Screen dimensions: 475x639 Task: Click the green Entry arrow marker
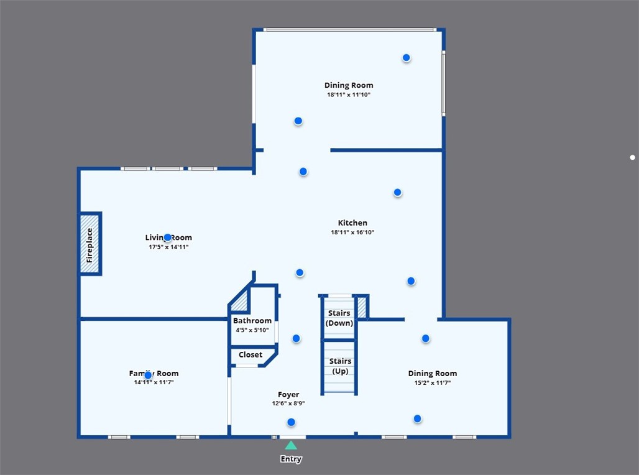pyautogui.click(x=291, y=445)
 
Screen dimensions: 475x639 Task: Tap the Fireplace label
pyautogui.click(x=90, y=245)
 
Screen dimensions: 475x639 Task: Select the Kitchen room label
pyautogui.click(x=352, y=223)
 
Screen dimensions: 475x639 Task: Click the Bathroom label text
pyautogui.click(x=252, y=321)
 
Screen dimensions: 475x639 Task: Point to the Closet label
pyautogui.click(x=251, y=355)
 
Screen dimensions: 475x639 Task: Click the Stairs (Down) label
pyautogui.click(x=339, y=318)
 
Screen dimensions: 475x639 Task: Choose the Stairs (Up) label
pyautogui.click(x=340, y=366)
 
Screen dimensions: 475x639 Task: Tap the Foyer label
pyautogui.click(x=288, y=394)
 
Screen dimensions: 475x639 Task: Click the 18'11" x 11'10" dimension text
pyautogui.click(x=349, y=95)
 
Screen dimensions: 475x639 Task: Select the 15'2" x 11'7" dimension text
pyautogui.click(x=432, y=383)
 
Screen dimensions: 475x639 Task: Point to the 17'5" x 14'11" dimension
pyautogui.click(x=168, y=247)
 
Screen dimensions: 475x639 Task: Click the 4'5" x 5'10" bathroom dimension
pyautogui.click(x=252, y=330)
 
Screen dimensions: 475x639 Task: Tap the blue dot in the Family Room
pyautogui.click(x=148, y=375)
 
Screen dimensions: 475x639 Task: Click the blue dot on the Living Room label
pyautogui.click(x=167, y=237)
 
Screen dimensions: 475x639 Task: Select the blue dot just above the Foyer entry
pyautogui.click(x=291, y=422)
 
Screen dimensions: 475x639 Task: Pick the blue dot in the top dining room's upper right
pyautogui.click(x=406, y=58)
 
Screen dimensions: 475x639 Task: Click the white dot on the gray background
pyautogui.click(x=632, y=157)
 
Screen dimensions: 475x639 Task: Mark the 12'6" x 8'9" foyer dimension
pyautogui.click(x=288, y=404)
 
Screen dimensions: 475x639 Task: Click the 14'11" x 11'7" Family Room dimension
pyautogui.click(x=154, y=383)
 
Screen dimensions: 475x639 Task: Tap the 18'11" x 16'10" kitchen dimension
pyautogui.click(x=352, y=233)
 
